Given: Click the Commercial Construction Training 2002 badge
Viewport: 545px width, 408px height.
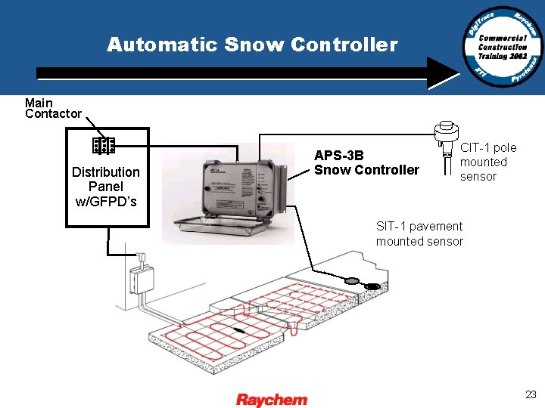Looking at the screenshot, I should (503, 47).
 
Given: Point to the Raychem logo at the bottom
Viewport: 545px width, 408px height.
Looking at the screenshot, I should (272, 400).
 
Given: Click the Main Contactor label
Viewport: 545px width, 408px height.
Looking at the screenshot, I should (52, 108).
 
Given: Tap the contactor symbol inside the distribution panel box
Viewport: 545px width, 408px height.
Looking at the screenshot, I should (103, 144).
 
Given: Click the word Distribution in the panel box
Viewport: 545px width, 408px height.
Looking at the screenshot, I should (106, 172).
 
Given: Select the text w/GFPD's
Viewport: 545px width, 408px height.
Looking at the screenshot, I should (106, 200).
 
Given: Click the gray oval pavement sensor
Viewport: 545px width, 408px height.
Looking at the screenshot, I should (351, 281).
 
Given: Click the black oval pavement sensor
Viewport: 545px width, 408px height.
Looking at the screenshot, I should (372, 286).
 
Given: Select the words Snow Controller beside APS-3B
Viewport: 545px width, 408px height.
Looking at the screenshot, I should (366, 170).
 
